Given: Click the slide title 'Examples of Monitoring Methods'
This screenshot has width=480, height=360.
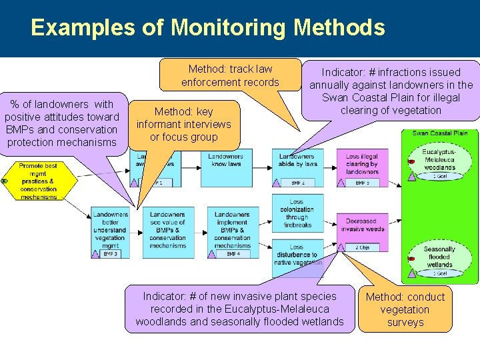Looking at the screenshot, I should [207, 28].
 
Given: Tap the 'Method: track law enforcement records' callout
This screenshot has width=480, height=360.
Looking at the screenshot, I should [230, 75].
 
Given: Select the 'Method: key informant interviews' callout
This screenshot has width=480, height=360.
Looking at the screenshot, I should [183, 125].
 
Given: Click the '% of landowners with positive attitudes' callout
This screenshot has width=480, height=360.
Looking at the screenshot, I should [62, 123].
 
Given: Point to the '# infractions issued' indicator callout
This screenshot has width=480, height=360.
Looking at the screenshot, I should [391, 91].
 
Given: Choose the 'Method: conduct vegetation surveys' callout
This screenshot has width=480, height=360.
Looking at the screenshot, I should [405, 309].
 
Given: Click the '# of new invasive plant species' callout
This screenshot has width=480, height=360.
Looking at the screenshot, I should [239, 309].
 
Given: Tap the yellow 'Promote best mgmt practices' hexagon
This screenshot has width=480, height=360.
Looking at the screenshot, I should [39, 181].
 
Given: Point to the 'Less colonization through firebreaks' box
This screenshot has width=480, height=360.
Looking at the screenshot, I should [297, 213].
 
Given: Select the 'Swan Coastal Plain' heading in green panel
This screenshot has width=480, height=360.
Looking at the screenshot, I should [440, 133].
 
